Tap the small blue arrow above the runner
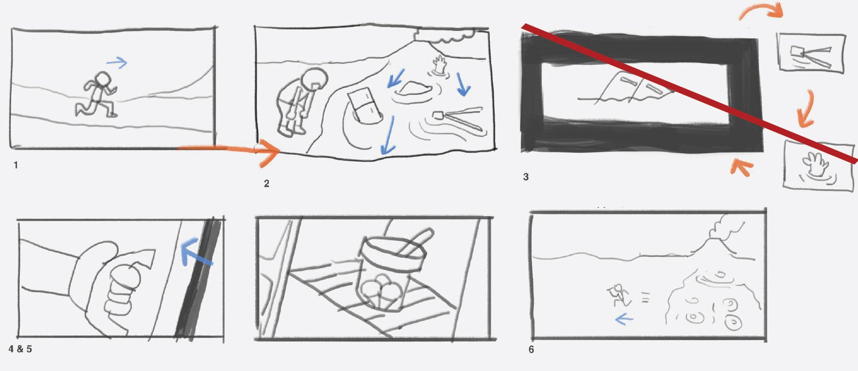(x=116, y=62)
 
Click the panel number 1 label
(x=16, y=165)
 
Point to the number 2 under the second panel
(x=266, y=184)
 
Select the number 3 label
(x=526, y=177)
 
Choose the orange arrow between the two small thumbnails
(x=806, y=109)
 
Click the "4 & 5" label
(x=20, y=349)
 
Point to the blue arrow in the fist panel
(x=195, y=252)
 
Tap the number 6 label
(x=531, y=350)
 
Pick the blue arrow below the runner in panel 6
(x=624, y=319)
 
